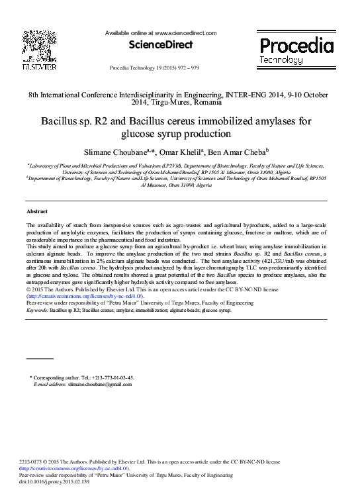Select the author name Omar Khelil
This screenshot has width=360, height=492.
(185, 153)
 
